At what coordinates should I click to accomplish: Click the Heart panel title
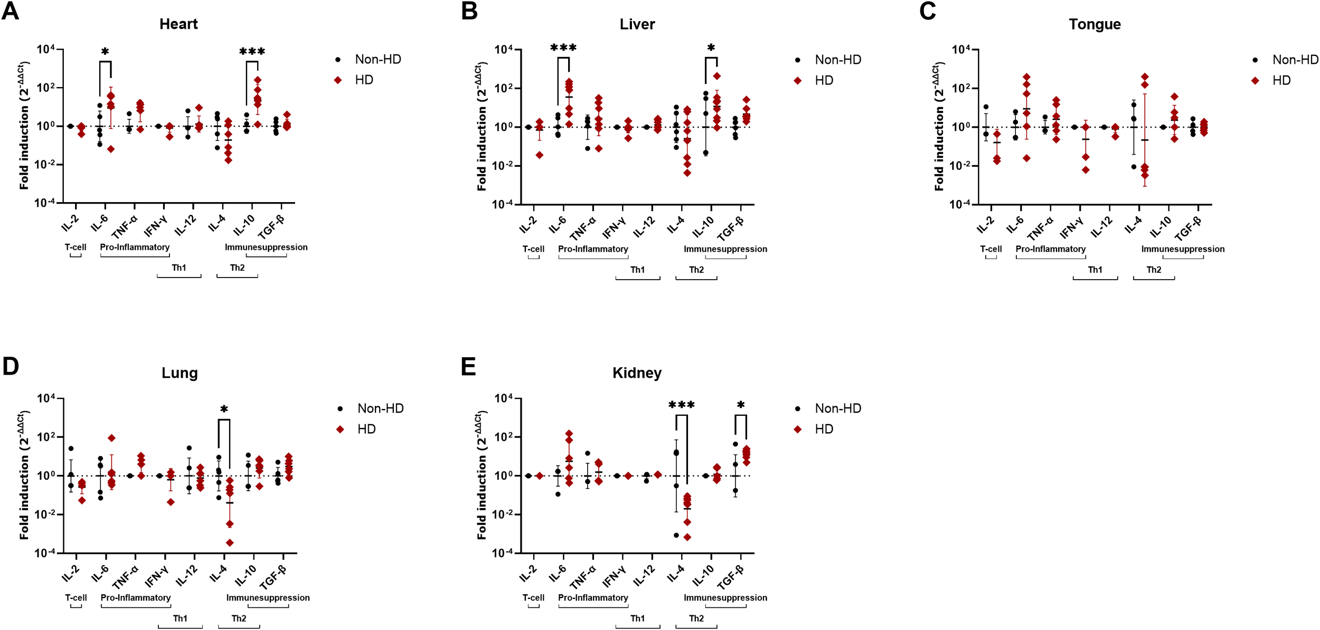pyautogui.click(x=178, y=24)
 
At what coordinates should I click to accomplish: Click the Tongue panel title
pyautogui.click(x=1095, y=24)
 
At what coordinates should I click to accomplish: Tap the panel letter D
pyautogui.click(x=11, y=366)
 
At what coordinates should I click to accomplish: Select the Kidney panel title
pyautogui.click(x=637, y=373)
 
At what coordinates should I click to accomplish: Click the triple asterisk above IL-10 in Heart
pyautogui.click(x=252, y=52)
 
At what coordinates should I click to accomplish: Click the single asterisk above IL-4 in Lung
pyautogui.click(x=224, y=409)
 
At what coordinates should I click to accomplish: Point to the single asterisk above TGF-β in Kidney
pyautogui.click(x=741, y=405)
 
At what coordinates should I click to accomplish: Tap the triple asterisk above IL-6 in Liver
pyautogui.click(x=563, y=48)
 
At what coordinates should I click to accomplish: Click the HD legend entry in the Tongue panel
pyautogui.click(x=1281, y=80)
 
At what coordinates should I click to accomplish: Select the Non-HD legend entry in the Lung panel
pyautogui.click(x=380, y=408)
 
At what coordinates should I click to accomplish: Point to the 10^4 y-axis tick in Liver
pyautogui.click(x=504, y=50)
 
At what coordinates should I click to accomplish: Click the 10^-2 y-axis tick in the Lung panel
pyautogui.click(x=46, y=514)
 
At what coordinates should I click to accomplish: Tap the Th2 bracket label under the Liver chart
pyautogui.click(x=696, y=270)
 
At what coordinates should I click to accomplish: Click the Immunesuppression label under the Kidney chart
pyautogui.click(x=725, y=597)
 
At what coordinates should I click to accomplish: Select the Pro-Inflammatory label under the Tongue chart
pyautogui.click(x=1050, y=249)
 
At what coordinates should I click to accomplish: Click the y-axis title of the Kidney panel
pyautogui.click(x=482, y=475)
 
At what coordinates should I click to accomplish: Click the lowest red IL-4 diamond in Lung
pyautogui.click(x=230, y=542)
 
